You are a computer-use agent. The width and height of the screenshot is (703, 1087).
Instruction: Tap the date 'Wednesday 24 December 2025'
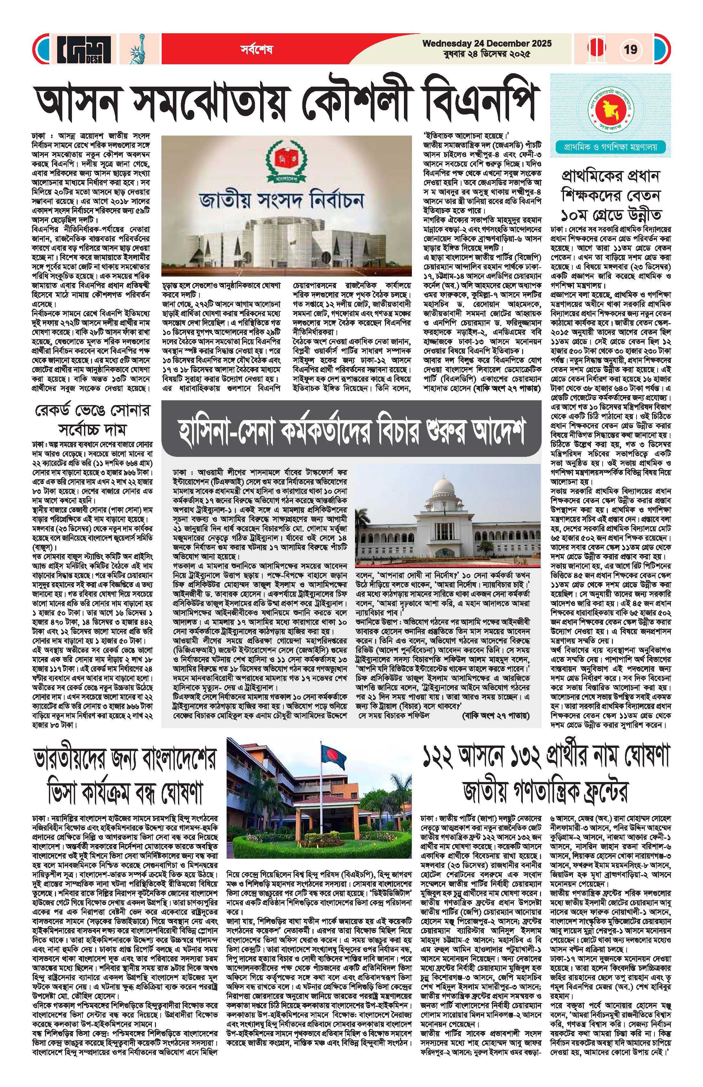(487, 44)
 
